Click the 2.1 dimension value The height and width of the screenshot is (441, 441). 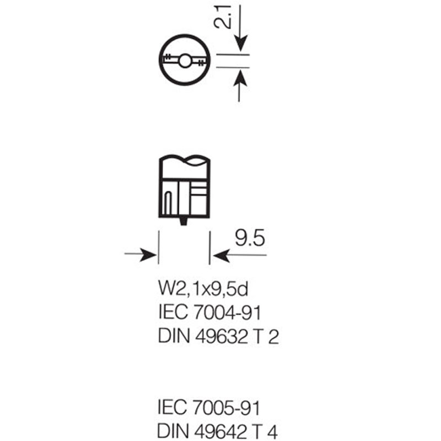click(223, 17)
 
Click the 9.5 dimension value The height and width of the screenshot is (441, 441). click(250, 238)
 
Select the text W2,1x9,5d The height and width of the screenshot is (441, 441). click(203, 288)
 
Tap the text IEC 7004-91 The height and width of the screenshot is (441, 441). click(210, 312)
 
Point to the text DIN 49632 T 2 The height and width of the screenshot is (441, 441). click(218, 336)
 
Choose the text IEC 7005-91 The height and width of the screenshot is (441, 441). click(209, 407)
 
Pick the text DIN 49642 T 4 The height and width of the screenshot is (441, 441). click(218, 431)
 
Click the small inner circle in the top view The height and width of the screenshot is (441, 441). click(185, 61)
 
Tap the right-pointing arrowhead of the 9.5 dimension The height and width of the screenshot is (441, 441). click(148, 254)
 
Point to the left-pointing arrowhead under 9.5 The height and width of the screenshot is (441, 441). click(222, 255)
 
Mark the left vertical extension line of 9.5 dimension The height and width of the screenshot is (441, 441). click(159, 248)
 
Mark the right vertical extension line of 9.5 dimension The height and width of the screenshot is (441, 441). click(209, 248)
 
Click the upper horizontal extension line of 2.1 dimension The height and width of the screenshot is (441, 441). click(233, 54)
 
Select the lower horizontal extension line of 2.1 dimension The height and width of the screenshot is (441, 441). click(233, 67)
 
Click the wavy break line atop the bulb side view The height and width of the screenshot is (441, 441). click(185, 160)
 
